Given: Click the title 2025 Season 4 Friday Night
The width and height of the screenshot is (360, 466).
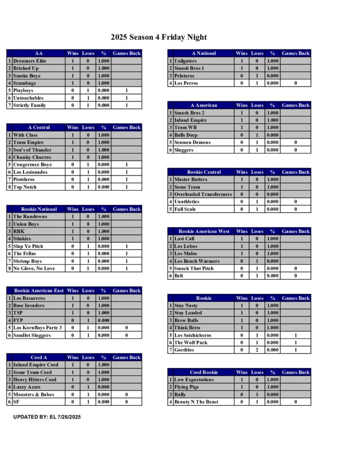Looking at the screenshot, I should click(x=158, y=37).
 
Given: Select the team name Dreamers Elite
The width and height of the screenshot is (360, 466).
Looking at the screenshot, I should click(x=30, y=61).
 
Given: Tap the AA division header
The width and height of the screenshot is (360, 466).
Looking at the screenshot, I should click(x=39, y=53).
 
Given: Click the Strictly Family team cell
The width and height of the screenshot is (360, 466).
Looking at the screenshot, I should click(x=30, y=106).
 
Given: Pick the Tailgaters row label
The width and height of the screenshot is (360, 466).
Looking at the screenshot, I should click(x=186, y=61).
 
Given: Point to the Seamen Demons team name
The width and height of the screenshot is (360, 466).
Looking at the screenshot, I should click(x=193, y=142).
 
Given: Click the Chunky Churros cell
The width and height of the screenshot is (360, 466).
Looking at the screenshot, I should click(x=32, y=157).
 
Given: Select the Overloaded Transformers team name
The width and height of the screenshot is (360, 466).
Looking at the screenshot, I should click(x=203, y=194).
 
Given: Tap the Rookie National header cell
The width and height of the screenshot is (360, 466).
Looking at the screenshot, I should click(x=39, y=209).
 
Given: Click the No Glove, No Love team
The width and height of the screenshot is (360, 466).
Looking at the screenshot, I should click(x=34, y=268).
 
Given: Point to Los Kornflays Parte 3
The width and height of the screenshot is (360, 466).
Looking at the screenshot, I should click(x=37, y=328).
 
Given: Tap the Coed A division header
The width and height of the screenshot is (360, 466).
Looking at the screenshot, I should click(x=39, y=358).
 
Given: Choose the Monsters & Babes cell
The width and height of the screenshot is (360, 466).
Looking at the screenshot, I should click(x=34, y=395).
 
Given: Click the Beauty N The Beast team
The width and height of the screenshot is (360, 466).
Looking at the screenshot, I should click(x=196, y=402).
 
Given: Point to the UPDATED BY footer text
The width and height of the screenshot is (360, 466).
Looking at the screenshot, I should click(x=47, y=417).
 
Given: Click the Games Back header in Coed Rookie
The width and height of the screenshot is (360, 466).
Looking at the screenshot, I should click(x=295, y=372).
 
